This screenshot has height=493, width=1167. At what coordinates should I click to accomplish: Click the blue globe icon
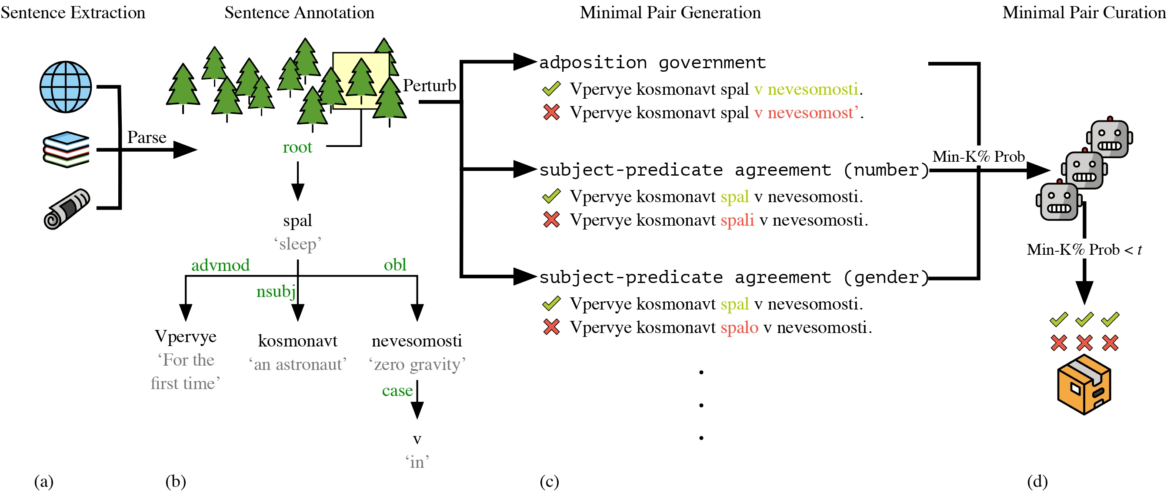[66, 87]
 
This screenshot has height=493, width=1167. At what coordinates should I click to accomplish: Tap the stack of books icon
[66, 150]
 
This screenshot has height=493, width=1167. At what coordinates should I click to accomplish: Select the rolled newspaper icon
[67, 209]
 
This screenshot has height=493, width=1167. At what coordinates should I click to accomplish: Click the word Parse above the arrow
[147, 137]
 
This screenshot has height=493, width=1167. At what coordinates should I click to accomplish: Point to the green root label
[297, 147]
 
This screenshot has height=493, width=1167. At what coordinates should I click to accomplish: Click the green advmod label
[220, 265]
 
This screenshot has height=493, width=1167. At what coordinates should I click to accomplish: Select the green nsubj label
[276, 291]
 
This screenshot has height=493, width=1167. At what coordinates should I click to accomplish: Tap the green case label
[397, 390]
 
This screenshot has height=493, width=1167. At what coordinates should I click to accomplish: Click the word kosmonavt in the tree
[298, 341]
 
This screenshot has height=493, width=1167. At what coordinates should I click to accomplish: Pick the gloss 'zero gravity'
[417, 364]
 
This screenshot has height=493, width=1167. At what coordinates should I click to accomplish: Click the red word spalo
[739, 327]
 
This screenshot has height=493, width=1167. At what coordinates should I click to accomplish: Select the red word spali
[737, 220]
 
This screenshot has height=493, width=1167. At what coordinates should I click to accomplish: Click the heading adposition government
[652, 63]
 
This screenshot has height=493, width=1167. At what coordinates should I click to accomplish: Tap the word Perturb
[430, 86]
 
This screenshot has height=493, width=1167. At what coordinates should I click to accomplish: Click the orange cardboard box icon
[1084, 385]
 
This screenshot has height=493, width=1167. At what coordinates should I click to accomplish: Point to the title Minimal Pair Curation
[1084, 13]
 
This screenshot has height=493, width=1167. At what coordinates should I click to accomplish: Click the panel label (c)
[549, 481]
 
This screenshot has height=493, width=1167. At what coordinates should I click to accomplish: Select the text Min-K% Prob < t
[1084, 250]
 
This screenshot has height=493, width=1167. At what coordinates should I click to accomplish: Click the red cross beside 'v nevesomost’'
[551, 112]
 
